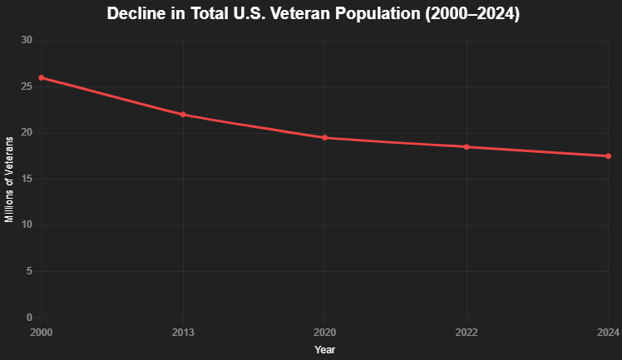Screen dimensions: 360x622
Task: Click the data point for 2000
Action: pos(42,78)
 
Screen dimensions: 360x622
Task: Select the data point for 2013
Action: pos(183,115)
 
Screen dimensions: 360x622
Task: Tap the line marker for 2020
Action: pos(325,138)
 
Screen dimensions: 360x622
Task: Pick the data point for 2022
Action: pos(466,147)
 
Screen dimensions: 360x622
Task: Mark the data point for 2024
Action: pos(608,156)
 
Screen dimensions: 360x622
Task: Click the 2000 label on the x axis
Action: pos(42,333)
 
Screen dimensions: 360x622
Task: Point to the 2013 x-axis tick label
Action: pos(183,333)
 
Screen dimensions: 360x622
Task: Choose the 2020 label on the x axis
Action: pos(325,333)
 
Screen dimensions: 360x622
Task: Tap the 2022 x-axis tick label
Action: pos(466,333)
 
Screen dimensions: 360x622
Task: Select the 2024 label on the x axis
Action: pos(608,333)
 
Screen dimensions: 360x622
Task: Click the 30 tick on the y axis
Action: pos(27,41)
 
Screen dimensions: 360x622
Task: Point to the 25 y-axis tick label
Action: pos(27,87)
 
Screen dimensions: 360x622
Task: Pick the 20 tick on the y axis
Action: pos(27,133)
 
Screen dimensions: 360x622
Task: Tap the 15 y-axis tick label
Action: pos(27,180)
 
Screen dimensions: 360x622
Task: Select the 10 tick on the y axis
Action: pos(27,225)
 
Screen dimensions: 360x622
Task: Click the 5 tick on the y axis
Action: pos(29,272)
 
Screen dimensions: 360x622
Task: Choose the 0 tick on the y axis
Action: pos(29,318)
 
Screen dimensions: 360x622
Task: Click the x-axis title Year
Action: pos(325,350)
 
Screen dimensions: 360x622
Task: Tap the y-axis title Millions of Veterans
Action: pos(9,180)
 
